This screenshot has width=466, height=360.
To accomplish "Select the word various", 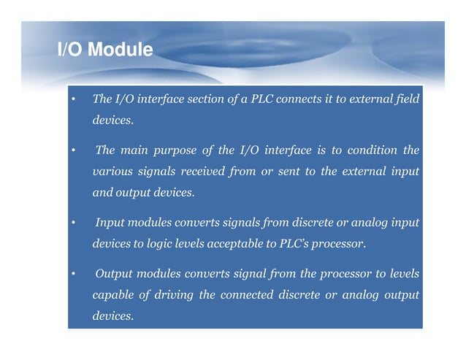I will (110, 172).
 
